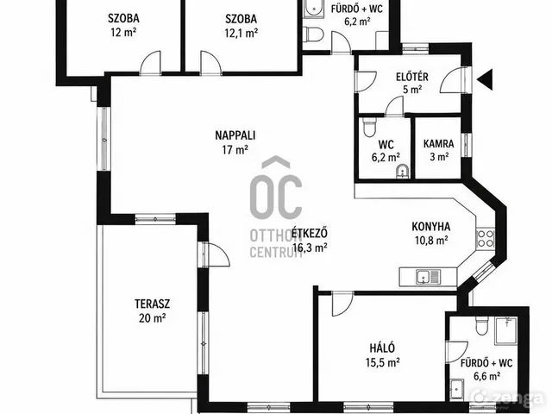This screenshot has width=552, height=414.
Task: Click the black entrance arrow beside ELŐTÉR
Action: (x=486, y=79)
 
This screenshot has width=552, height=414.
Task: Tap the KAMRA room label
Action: (x=438, y=144)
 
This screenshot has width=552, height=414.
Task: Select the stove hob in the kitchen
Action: (x=485, y=238)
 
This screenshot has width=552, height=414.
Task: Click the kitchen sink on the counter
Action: (x=428, y=276)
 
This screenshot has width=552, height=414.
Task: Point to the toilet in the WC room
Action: (x=369, y=127)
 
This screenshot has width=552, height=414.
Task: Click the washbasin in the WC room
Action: (x=401, y=172)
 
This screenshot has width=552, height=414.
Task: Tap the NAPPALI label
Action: (x=235, y=135)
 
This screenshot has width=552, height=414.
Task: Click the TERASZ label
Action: (x=152, y=304)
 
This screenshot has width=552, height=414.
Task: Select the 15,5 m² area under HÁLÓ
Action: (x=382, y=362)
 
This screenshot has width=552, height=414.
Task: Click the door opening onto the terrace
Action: (x=216, y=254)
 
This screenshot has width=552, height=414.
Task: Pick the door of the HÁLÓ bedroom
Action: (x=342, y=304)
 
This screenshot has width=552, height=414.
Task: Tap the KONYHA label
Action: (x=431, y=226)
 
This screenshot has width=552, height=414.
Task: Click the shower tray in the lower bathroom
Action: (x=506, y=331)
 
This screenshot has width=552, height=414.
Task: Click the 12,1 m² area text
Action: (x=241, y=33)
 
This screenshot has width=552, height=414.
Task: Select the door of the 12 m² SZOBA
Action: (x=151, y=63)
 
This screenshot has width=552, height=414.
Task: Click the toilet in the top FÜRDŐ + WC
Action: (x=314, y=34)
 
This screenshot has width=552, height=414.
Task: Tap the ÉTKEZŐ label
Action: (x=310, y=233)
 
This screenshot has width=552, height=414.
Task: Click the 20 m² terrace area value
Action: (x=152, y=318)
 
